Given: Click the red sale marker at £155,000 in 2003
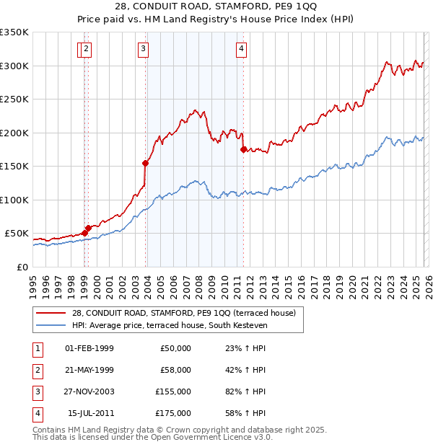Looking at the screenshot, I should pos(145,163).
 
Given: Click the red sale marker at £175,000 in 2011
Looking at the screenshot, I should pos(243,149).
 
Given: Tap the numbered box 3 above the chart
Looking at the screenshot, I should pos(143,49).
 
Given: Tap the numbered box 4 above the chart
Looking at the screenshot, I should pos(241,49).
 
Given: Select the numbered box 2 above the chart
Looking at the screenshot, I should pos(86,49).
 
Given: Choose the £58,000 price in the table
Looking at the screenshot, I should pos(175,369).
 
